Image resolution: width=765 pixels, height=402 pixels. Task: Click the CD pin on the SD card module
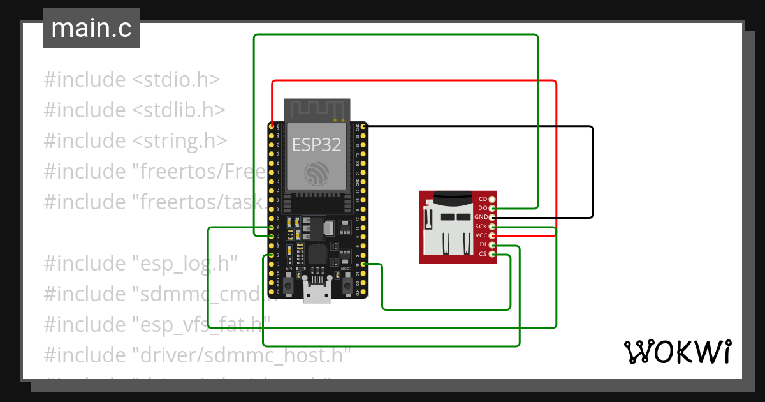coord(492,200)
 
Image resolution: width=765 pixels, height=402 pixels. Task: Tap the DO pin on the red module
coord(492,209)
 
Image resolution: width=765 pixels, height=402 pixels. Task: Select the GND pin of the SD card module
coord(492,218)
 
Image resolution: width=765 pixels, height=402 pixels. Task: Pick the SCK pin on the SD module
coord(492,227)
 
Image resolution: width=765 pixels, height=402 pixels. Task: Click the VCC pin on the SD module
coord(492,235)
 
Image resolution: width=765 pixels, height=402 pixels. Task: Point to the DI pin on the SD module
coord(492,245)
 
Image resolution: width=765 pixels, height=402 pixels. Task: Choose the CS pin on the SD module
coord(492,254)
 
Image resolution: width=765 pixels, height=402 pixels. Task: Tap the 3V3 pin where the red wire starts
coord(272,127)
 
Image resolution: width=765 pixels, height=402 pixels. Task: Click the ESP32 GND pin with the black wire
coord(363,127)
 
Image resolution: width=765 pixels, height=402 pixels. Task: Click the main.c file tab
coord(91,29)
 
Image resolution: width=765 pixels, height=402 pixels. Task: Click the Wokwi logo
coord(677,352)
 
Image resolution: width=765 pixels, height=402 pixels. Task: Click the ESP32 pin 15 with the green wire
coord(363,264)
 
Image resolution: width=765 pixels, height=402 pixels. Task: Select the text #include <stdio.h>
coord(132,80)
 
